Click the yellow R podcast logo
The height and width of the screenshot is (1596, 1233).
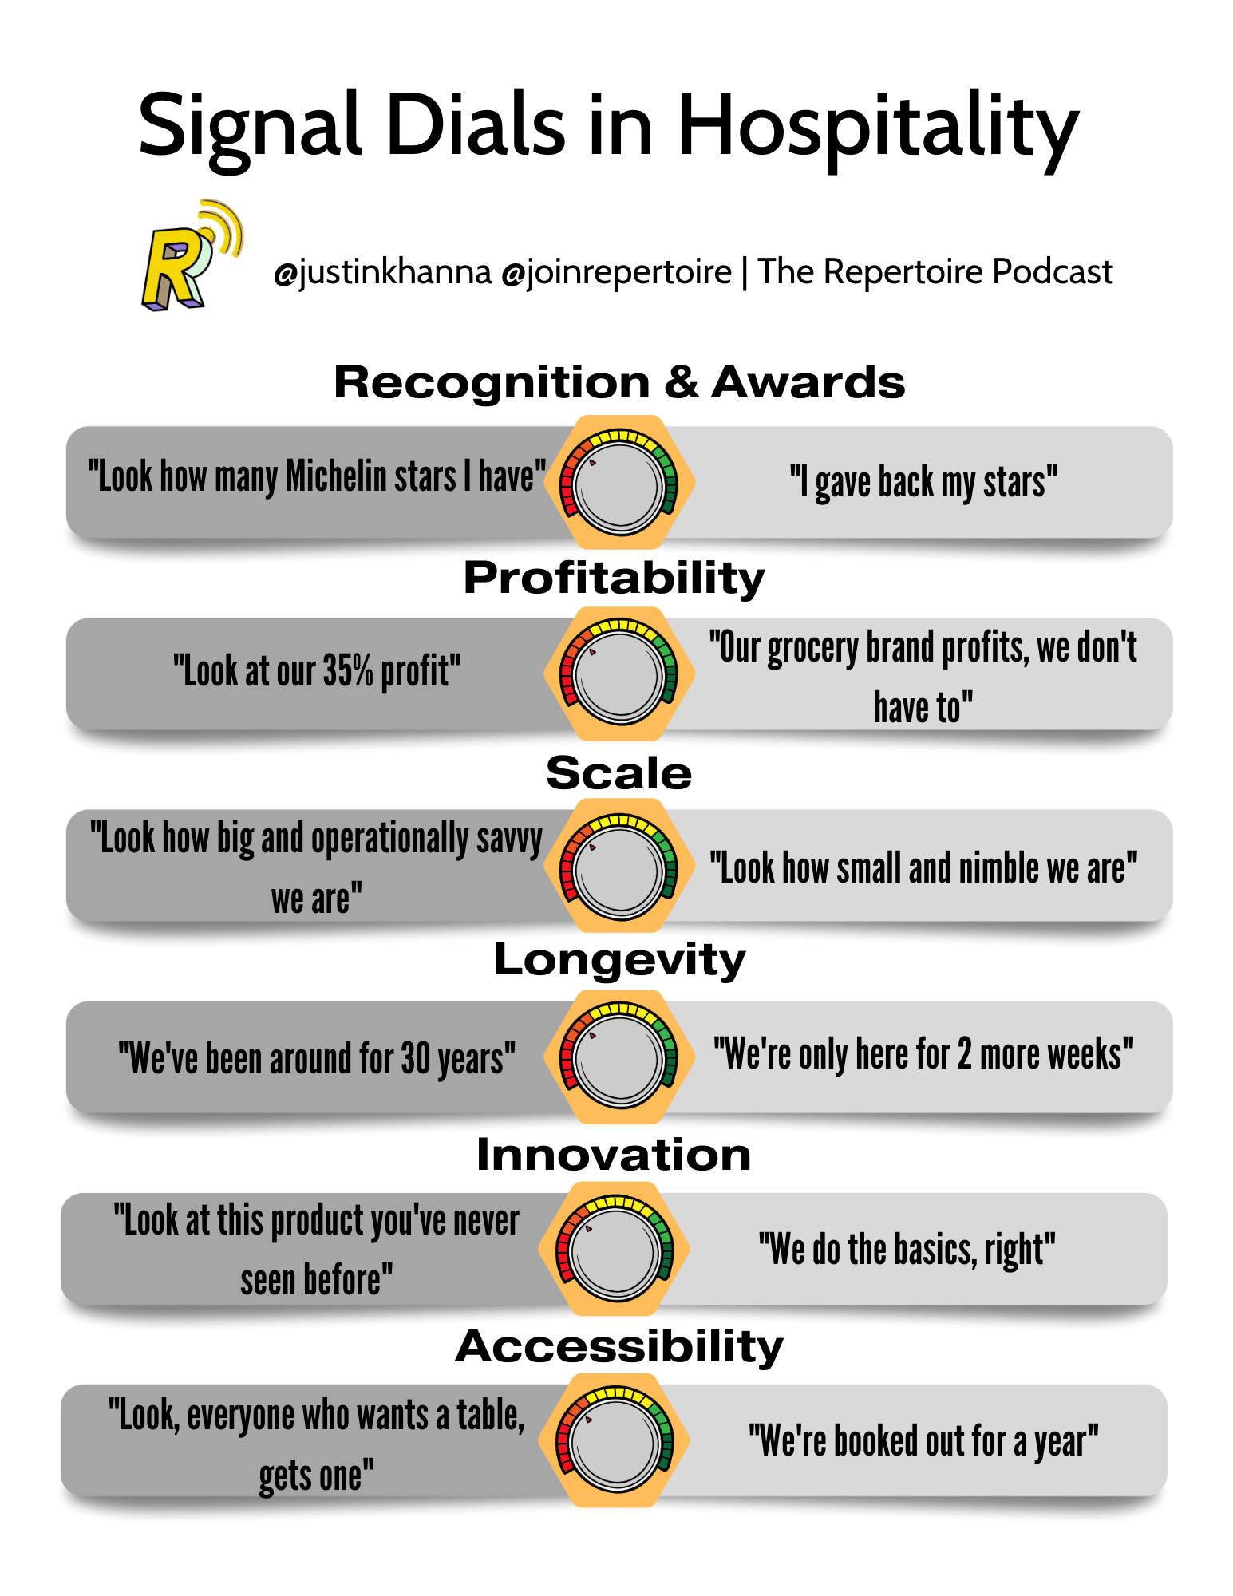192,255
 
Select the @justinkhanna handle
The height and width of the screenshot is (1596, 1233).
382,272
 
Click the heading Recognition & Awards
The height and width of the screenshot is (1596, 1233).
619,382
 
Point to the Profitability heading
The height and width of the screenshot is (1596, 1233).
615,578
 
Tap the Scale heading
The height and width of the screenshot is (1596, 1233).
619,772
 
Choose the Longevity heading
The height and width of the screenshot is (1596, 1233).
620,960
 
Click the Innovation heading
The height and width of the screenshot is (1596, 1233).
615,1155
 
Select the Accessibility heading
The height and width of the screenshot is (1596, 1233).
619,1348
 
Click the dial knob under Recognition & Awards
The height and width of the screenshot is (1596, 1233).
620,484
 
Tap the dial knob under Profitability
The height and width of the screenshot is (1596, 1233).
620,674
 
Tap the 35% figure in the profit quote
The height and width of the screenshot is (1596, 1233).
348,671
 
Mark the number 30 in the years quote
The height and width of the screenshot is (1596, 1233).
416,1059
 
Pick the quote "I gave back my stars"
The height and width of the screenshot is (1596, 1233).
924,484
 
